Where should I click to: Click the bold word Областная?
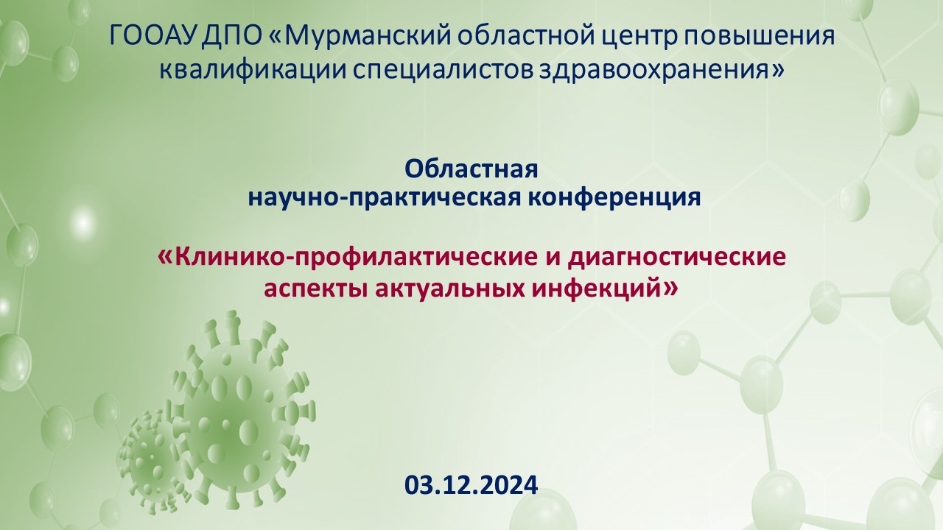[471, 169]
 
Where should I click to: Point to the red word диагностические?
[677, 258]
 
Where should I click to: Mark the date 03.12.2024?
[471, 485]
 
